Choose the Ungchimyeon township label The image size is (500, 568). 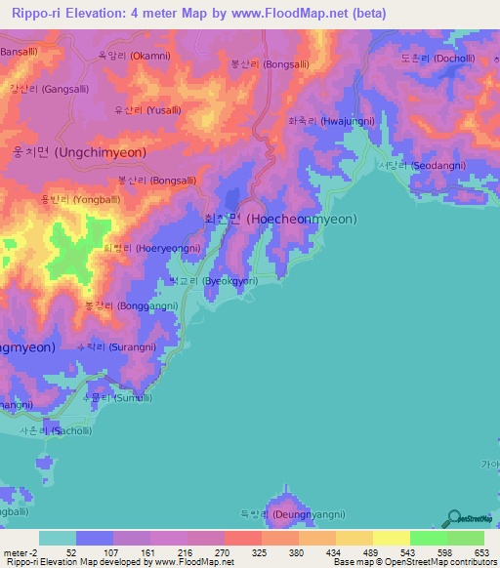click(66, 153)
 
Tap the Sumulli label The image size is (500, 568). click(116, 397)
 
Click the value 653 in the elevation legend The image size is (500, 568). click(480, 551)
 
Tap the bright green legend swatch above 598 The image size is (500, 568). click(428, 538)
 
